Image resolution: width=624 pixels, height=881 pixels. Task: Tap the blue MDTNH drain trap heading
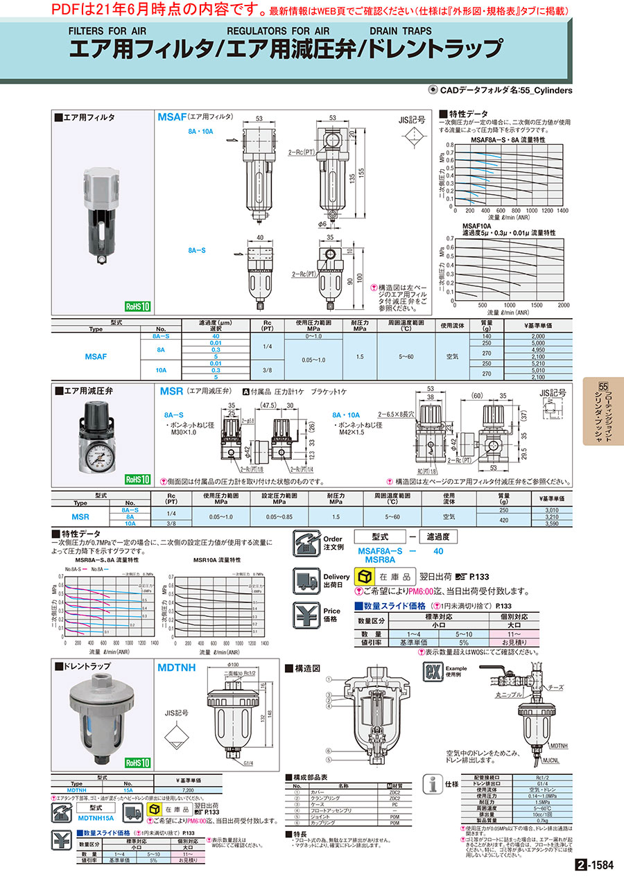177,667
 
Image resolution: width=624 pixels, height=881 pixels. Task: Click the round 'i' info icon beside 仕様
433,784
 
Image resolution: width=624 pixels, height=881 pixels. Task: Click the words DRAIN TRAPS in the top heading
400,31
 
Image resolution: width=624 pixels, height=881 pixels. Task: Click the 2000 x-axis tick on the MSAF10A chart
563,305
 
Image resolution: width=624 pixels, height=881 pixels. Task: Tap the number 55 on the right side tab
603,386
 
